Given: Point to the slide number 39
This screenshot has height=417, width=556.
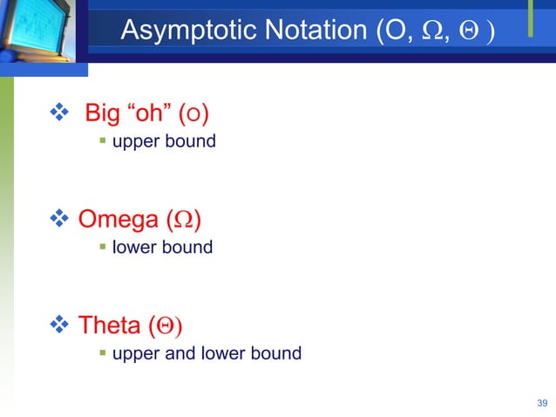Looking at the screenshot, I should (x=542, y=402).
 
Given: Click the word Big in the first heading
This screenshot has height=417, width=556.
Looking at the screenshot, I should (x=102, y=114).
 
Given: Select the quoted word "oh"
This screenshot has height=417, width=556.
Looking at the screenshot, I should (x=148, y=114).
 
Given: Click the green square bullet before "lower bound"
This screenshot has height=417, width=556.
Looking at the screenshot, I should (x=102, y=249).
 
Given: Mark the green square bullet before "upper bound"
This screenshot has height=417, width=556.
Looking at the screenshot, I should (x=102, y=142).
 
